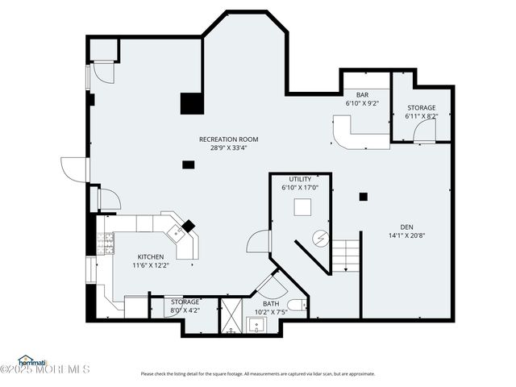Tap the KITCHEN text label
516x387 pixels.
(150, 256)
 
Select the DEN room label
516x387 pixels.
(406, 227)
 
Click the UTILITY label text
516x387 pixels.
(300, 179)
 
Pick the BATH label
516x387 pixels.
(270, 303)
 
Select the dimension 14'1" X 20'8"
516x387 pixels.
(406, 235)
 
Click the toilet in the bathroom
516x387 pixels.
(297, 306)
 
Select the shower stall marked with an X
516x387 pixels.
(231, 316)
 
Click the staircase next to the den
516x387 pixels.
(346, 256)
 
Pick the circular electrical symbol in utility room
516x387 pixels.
(320, 239)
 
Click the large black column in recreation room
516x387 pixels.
(191, 104)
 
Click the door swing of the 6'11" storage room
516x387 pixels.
(425, 131)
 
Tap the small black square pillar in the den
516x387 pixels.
(364, 196)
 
